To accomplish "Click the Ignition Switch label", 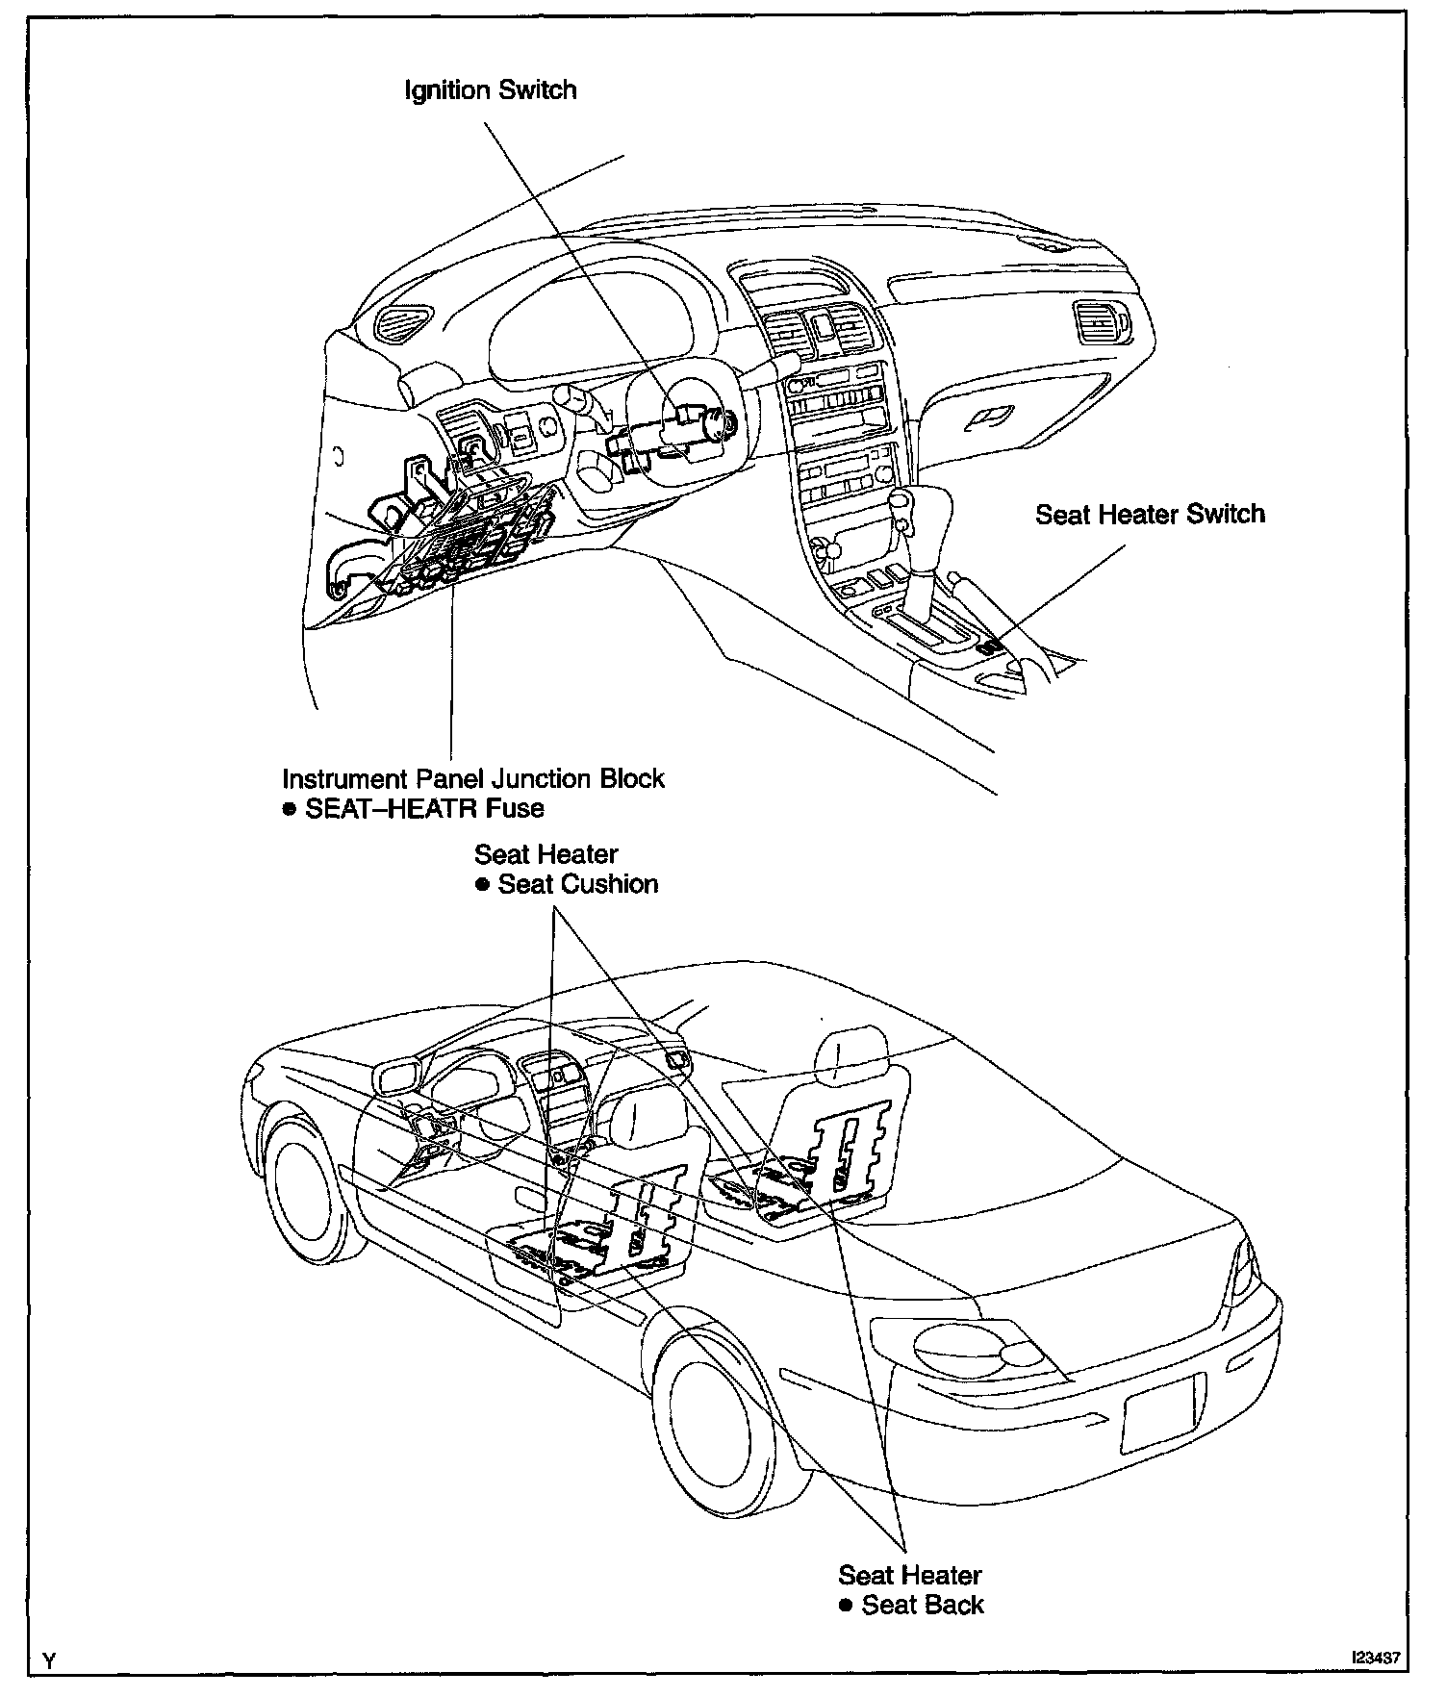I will coord(491,91).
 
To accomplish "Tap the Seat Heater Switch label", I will coord(1150,515).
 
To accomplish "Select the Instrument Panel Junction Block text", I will coord(473,778).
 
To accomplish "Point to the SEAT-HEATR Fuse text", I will coord(424,809).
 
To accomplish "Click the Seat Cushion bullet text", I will coord(577,885).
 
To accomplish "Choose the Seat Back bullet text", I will coord(923,1605).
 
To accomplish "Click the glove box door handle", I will coord(990,416).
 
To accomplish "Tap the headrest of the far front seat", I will coord(850,1055).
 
